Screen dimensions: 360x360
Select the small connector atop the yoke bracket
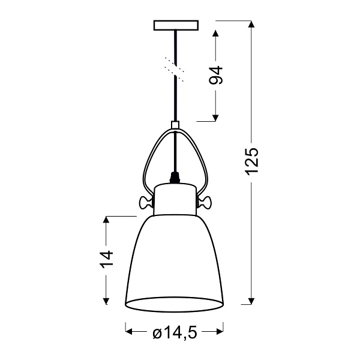click(x=175, y=126)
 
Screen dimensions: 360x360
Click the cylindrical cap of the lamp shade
click(x=175, y=198)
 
